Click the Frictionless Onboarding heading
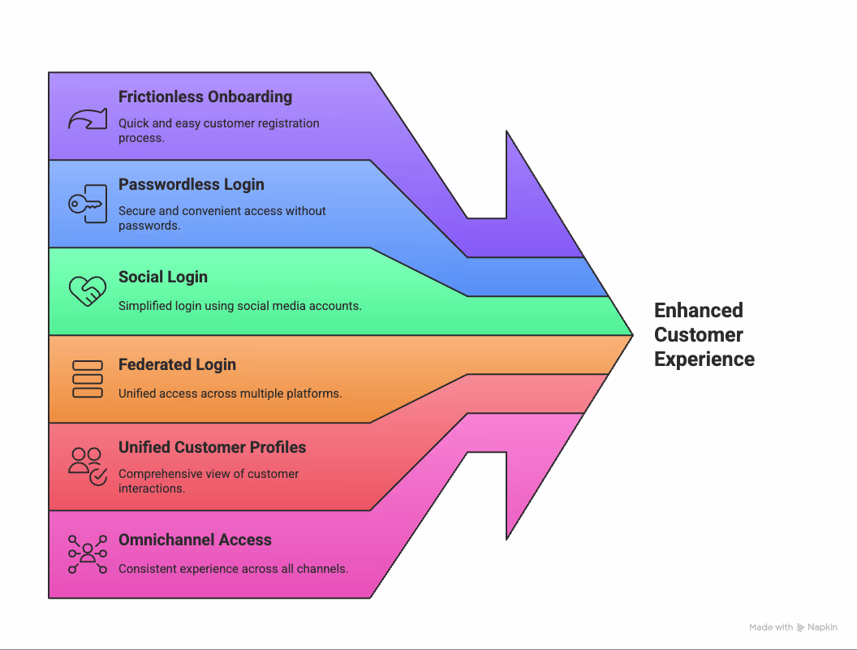coord(205,97)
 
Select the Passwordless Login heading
coord(191,184)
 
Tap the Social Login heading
coord(162,277)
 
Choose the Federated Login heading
coord(177,364)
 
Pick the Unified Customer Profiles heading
coord(212,447)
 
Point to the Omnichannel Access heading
coord(195,540)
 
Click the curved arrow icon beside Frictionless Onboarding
coord(87,119)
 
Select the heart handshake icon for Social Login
coord(87,291)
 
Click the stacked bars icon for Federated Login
coord(87,379)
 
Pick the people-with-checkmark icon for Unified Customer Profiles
coord(87,466)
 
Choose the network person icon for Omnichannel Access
coord(87,554)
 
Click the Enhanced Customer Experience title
coord(704,334)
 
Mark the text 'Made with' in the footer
coord(770,627)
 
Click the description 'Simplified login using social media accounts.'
coord(239,306)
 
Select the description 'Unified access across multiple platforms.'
coord(230,394)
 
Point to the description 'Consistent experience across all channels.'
coord(233,569)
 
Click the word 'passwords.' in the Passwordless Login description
coord(149,225)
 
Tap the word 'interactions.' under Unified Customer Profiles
coord(151,488)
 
